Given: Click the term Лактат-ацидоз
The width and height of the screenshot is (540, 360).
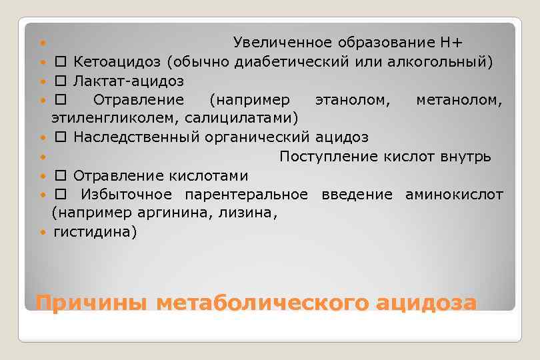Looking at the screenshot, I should (129, 81).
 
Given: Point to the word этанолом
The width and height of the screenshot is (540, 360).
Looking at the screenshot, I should (345, 100).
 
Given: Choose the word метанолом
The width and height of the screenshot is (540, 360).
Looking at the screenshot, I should (459, 100).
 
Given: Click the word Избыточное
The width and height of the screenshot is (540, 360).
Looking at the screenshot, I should (126, 195).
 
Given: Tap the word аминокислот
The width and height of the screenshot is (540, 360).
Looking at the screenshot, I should (454, 195).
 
